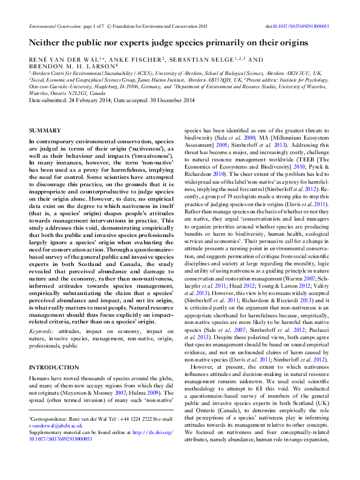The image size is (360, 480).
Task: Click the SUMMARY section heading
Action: [45, 131]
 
